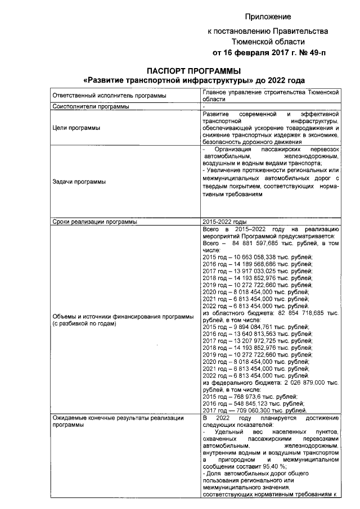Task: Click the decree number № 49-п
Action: (309, 53)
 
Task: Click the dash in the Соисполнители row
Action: (203, 106)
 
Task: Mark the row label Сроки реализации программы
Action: (94, 222)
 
